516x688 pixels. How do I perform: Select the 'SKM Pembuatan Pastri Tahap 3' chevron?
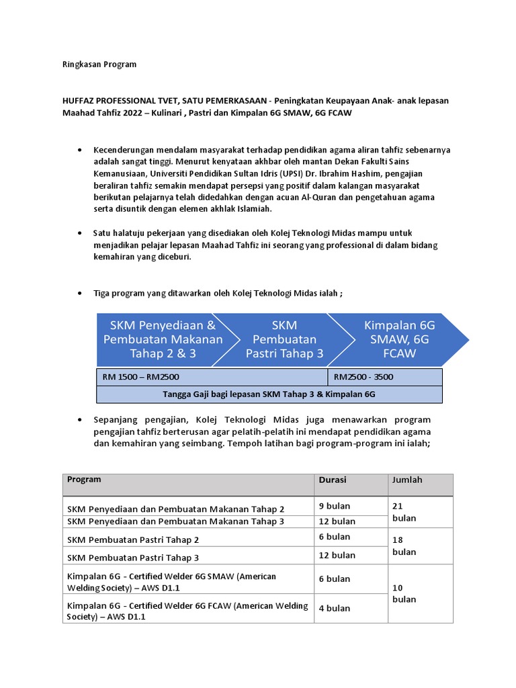[x=284, y=339]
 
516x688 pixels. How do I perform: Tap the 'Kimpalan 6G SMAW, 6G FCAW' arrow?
[x=400, y=339]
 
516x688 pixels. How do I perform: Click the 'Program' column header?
[x=85, y=480]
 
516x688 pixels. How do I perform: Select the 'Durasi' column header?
[x=333, y=480]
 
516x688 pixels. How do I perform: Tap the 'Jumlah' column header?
[x=408, y=480]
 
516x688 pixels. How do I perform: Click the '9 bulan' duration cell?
[x=335, y=506]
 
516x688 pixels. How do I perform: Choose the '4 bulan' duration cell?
[x=335, y=608]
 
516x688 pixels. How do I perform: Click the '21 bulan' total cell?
[x=404, y=512]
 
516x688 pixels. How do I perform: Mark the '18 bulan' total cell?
[x=404, y=546]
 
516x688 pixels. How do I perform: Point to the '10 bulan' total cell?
[x=404, y=593]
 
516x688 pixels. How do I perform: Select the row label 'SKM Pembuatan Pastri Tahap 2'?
[x=133, y=540]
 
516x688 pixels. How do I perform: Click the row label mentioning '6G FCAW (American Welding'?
[x=187, y=611]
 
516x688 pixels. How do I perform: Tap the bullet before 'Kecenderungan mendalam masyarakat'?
[x=80, y=150]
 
